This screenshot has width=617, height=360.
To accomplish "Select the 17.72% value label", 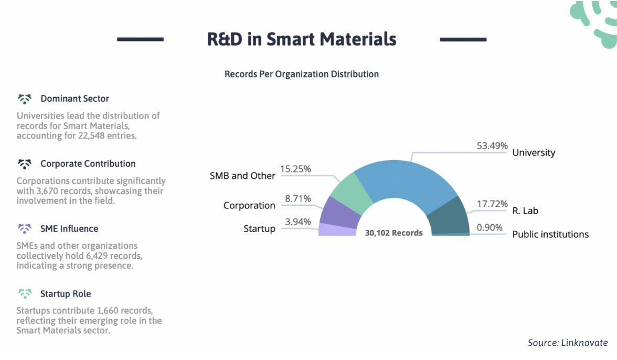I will [492, 204].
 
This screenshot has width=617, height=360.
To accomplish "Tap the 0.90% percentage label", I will [489, 227].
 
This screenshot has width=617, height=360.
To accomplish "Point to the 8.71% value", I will [297, 198].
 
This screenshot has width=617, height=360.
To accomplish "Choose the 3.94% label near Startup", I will [297, 222].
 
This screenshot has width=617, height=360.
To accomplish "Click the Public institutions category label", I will [550, 234].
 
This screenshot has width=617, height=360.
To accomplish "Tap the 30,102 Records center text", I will [393, 232].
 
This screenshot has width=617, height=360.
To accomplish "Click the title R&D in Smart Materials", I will [302, 39].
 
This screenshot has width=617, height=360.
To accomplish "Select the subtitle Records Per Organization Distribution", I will [302, 74].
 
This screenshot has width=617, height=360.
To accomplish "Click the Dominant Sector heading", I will [75, 99].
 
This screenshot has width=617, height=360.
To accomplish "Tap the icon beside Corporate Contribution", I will [25, 164].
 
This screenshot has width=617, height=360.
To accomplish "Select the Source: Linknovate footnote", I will [568, 343].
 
